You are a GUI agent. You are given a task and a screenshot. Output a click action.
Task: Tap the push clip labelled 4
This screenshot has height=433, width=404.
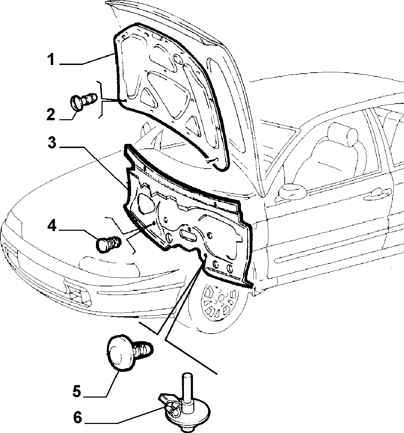108,244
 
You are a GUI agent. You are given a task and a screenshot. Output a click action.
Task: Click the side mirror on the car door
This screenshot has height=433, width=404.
292,192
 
